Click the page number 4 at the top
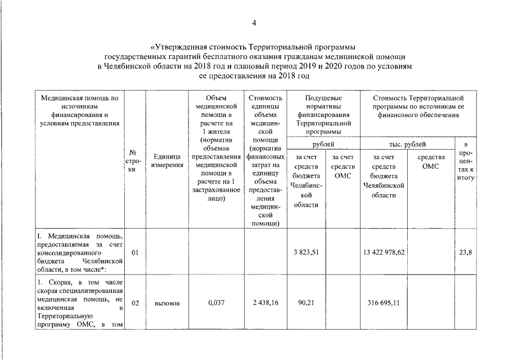pos(254,23)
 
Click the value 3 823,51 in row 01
pos(306,253)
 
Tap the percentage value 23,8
pos(465,253)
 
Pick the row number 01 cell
pos(135,253)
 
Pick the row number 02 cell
pos(135,303)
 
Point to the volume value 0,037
pos(216,303)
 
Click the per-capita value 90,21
pos(306,303)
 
